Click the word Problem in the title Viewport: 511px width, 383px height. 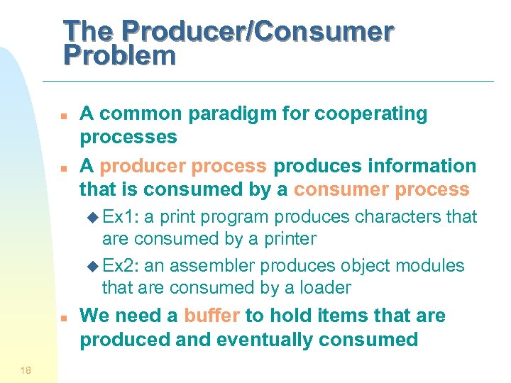tap(119, 55)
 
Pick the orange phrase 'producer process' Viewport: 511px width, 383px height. tap(183, 166)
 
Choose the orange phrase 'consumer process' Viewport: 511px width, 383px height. tap(382, 189)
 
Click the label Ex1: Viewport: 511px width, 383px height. tap(121, 216)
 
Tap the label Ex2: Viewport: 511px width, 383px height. tap(121, 265)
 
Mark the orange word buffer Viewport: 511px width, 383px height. tap(211, 316)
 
